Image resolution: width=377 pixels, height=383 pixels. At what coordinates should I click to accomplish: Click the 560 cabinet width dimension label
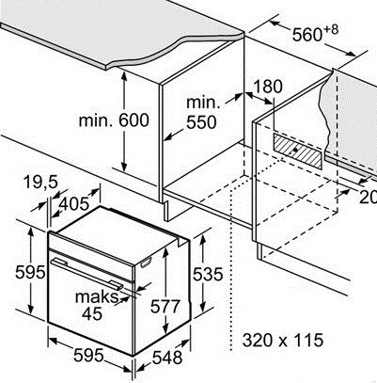point(306,34)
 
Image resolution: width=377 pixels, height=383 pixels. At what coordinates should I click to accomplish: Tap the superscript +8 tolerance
point(330,30)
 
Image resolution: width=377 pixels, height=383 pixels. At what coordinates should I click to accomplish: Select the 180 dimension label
point(267,87)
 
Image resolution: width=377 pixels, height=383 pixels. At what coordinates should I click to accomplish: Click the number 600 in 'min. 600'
point(134,120)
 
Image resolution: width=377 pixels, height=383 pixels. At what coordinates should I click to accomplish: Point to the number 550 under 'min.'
point(201,122)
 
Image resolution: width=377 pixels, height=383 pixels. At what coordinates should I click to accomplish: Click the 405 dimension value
point(74,204)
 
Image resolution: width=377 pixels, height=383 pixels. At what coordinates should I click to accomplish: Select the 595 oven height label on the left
point(30,272)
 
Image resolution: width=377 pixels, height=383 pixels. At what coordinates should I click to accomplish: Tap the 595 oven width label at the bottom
point(88,355)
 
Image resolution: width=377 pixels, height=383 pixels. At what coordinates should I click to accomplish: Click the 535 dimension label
point(207,274)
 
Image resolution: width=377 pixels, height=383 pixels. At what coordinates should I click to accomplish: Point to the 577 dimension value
point(165,307)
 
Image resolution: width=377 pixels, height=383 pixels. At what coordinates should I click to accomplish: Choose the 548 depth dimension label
point(167,358)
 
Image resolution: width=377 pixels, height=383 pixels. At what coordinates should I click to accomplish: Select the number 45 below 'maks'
point(92,313)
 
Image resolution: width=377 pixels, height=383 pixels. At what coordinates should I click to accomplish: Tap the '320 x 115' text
point(283,340)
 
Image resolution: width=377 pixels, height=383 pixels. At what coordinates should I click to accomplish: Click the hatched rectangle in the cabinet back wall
point(298,152)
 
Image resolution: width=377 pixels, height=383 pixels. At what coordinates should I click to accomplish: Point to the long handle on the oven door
point(86,272)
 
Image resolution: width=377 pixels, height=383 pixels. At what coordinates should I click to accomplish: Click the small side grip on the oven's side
point(146,263)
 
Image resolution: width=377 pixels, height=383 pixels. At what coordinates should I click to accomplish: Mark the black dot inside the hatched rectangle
point(294,150)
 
